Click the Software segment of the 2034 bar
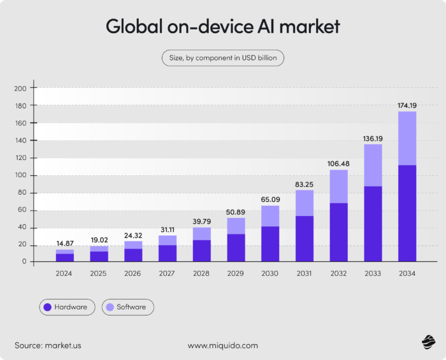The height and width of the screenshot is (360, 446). [x=407, y=138]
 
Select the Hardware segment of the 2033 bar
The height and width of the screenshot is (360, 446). [x=373, y=224]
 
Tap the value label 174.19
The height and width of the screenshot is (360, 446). [x=407, y=104]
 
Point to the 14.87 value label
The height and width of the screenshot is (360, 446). [x=64, y=243]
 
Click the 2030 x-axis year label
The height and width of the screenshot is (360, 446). [x=270, y=274]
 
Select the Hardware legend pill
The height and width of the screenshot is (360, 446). [x=67, y=307]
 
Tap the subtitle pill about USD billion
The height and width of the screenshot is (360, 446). [x=223, y=58]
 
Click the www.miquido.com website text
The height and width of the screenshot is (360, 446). [x=223, y=345]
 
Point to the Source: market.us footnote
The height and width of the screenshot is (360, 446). [x=48, y=345]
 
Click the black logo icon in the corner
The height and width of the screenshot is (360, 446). [x=428, y=343]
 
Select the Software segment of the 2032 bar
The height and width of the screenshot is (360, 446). [x=339, y=186]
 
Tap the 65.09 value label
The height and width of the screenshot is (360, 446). [x=270, y=199]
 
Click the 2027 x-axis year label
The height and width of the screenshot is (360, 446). [x=167, y=274]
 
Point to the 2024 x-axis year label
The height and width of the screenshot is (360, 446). [x=64, y=274]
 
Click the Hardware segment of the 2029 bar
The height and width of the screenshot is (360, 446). [x=236, y=248]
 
